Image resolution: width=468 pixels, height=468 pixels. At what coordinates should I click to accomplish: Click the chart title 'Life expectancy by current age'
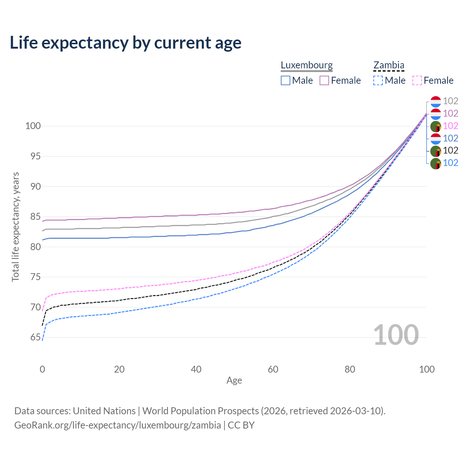pos(125,43)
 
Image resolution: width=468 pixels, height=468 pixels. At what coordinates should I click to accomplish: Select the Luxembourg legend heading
pos(306,65)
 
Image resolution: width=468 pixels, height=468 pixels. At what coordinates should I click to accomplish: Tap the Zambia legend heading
pos(389,65)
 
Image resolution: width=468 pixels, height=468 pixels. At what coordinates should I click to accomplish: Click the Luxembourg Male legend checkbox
pos(286,80)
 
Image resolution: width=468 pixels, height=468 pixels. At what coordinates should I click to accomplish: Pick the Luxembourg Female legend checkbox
pos(324,80)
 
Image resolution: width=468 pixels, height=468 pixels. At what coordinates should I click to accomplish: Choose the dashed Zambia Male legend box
pos(378,80)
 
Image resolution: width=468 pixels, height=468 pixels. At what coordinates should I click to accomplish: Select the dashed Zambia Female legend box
pos(417,80)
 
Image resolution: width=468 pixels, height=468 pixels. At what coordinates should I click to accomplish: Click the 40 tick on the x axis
pos(196,369)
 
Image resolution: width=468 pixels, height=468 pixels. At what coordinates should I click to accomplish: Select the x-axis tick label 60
pos(273,369)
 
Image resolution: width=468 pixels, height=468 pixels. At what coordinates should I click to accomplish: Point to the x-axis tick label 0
pos(42,369)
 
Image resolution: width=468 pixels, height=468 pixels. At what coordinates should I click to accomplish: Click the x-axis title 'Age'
pos(234,381)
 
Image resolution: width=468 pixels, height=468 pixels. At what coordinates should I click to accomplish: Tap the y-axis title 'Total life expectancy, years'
pos(15,227)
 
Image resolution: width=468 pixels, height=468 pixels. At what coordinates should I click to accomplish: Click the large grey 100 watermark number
pos(396,335)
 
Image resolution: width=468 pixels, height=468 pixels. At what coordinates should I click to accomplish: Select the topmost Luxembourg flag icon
pos(435,101)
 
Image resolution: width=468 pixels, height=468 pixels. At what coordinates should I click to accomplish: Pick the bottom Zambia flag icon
pos(435,163)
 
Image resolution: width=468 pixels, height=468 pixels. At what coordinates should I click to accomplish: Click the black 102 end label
pos(450,150)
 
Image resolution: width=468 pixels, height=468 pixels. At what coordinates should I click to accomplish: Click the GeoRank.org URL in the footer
pos(117,425)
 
